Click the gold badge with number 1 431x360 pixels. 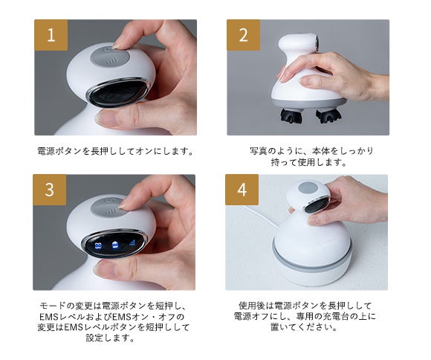coord(51,35)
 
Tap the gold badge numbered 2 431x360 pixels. coord(243,35)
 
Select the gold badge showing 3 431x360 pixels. coord(50,190)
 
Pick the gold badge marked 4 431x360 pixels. coord(242,190)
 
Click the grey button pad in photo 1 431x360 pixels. coord(110,57)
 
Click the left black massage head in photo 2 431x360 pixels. coord(291,115)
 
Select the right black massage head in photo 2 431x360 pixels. coord(329,116)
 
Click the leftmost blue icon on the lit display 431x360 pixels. coord(98,245)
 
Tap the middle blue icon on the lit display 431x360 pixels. coord(116,244)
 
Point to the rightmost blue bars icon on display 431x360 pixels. coord(133,242)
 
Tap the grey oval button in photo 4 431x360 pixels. coord(308,188)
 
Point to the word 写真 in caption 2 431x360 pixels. coord(259,151)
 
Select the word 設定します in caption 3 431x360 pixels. coord(110,338)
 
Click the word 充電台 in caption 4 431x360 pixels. coord(337,317)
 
